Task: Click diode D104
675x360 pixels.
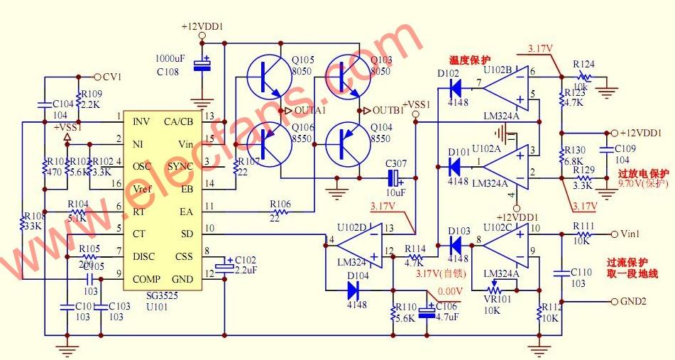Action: [353, 290]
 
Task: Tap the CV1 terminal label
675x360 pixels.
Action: [112, 77]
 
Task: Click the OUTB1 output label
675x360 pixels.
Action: [386, 110]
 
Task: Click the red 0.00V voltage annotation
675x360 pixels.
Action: [450, 291]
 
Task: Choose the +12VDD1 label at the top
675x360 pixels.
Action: [202, 26]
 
